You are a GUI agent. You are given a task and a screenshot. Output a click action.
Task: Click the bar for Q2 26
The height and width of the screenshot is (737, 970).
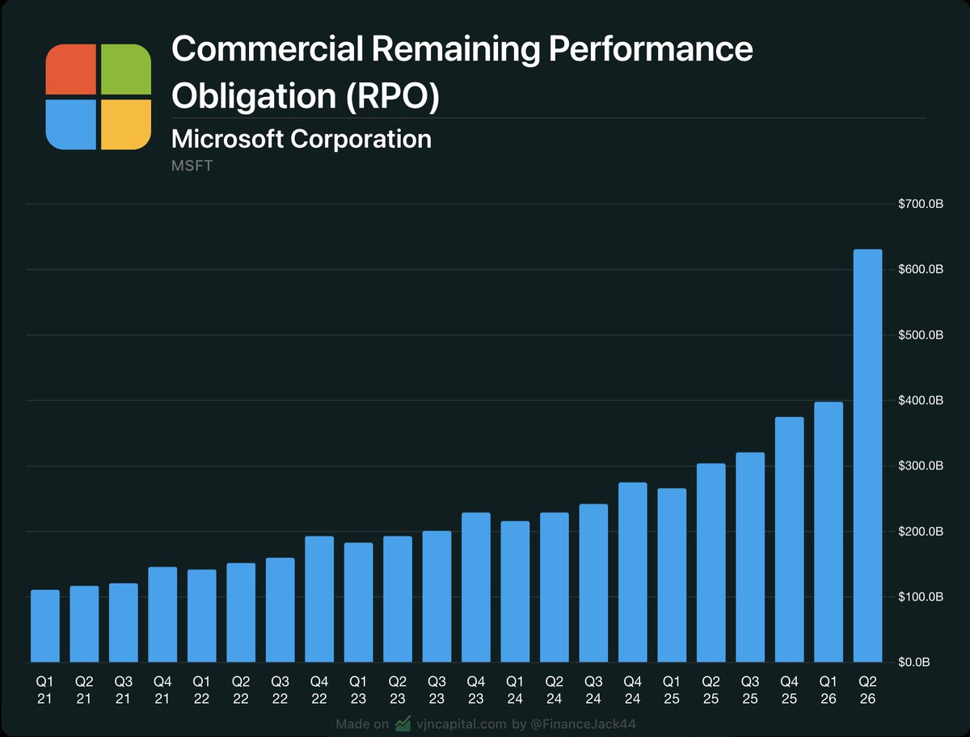pos(867,456)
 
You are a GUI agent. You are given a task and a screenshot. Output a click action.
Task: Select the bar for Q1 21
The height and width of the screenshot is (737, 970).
pos(45,626)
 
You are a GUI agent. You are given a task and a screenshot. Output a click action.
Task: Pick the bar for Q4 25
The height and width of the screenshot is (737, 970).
pos(789,540)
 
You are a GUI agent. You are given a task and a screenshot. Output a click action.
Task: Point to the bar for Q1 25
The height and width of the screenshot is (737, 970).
pos(672,575)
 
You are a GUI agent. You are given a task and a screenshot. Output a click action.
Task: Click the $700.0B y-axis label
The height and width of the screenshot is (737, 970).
pos(921,204)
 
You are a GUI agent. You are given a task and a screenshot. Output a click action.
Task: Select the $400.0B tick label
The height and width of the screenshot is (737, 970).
pos(921,401)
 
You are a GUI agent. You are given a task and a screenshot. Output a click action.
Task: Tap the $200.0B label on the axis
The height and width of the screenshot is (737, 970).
pos(921,532)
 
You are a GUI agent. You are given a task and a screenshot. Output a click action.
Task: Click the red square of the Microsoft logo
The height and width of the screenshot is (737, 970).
pos(71,69)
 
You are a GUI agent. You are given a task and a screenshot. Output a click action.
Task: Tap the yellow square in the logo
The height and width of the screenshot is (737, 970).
pos(126,124)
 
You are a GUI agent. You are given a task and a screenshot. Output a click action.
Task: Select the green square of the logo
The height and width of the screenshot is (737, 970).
pos(126,69)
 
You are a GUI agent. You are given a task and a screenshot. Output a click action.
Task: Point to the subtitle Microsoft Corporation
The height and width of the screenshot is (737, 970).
pos(302,139)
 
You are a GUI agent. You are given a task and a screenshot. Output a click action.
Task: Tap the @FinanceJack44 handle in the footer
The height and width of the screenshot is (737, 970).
pos(584,723)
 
